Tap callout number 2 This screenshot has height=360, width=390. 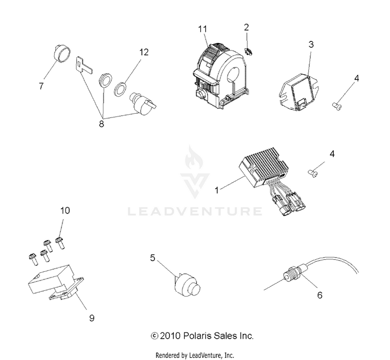coord(246,27)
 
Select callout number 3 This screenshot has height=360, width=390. coord(311,45)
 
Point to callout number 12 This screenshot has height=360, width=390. coord(144,52)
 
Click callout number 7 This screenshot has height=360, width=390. coord(41,87)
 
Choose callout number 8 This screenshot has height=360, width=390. coord(101,124)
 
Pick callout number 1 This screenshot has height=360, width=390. coord(218,191)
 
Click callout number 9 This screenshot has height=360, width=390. coord(92,318)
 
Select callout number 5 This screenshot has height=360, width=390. coord(152,257)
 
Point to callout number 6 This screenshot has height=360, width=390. coord(319,295)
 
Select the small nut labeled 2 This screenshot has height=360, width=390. coord(249,50)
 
